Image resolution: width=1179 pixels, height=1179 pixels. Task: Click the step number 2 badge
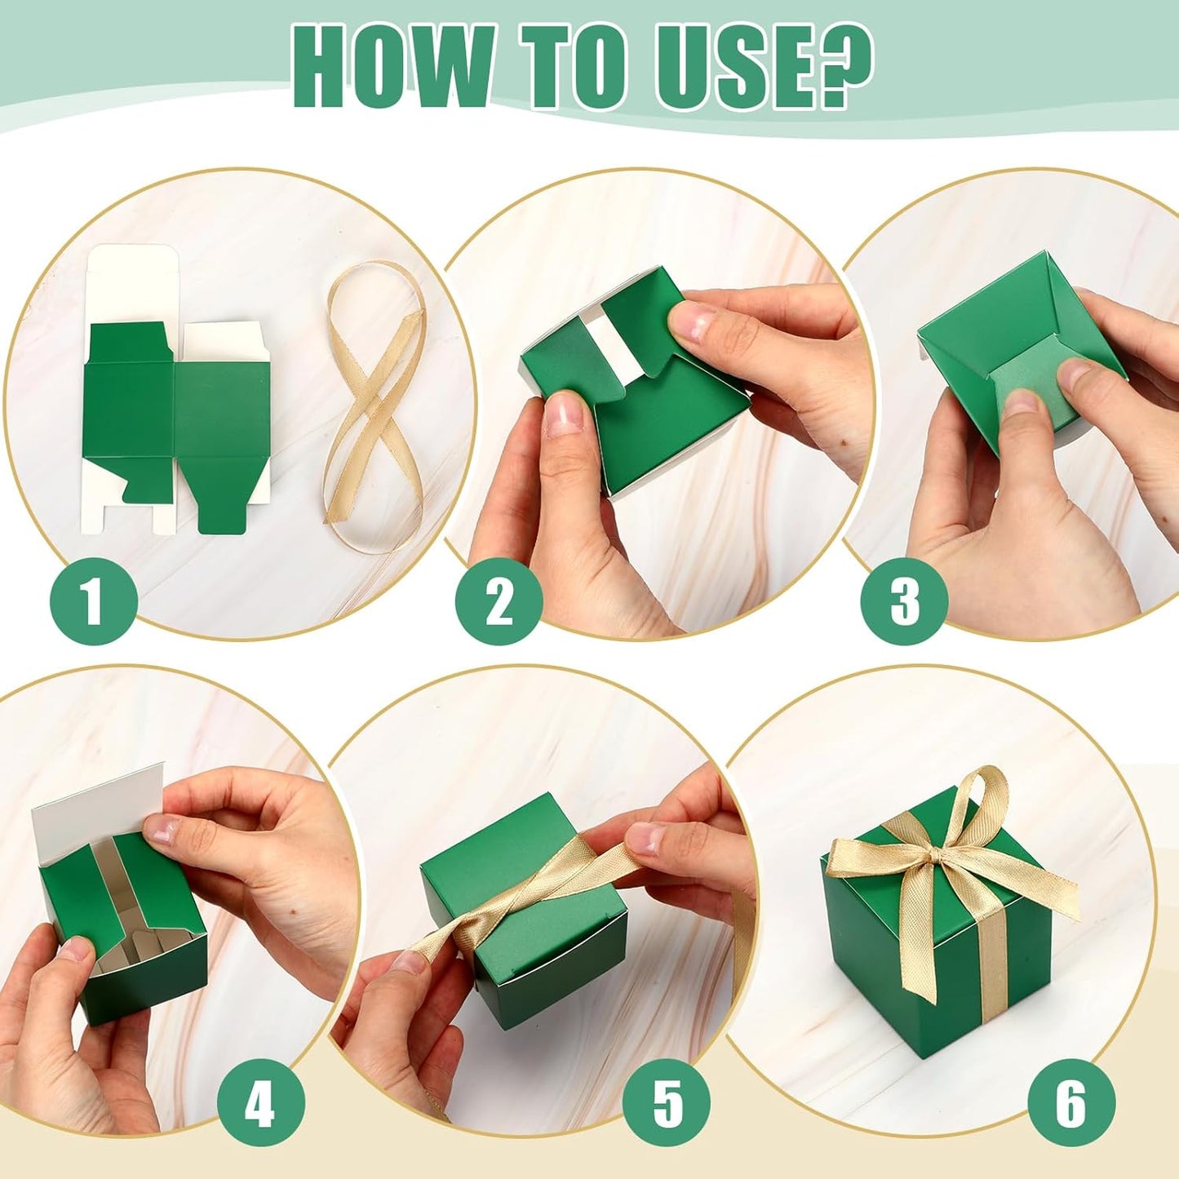[499, 601]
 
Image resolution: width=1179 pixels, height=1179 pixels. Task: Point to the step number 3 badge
[904, 601]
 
